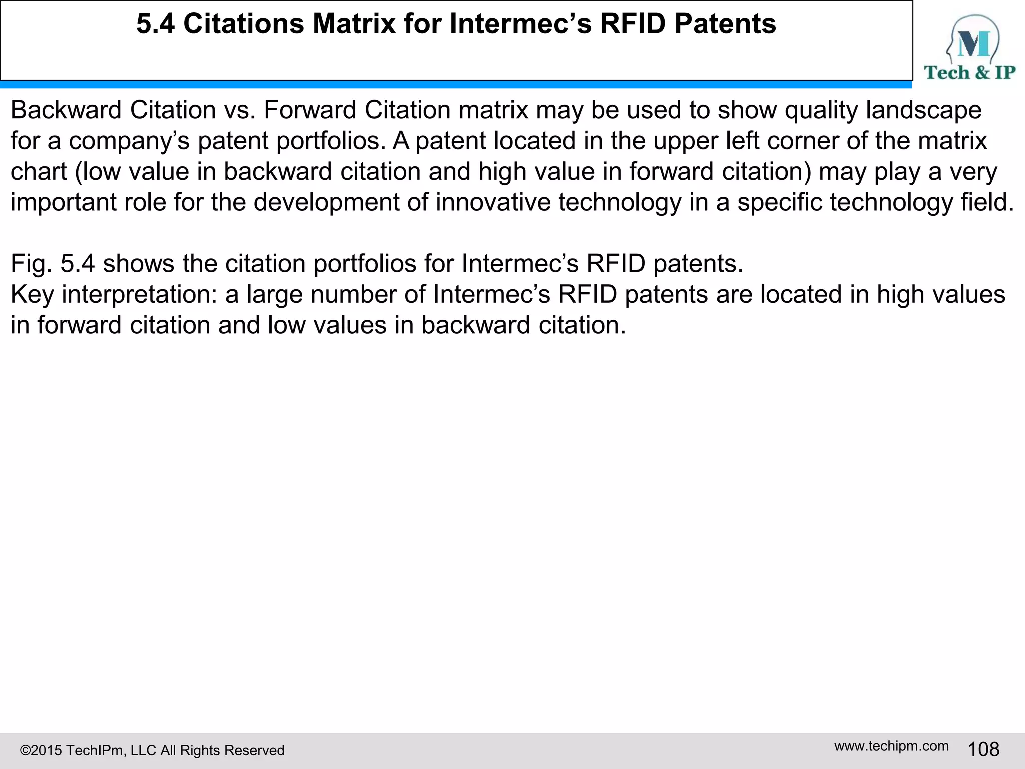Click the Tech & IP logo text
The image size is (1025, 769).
(969, 73)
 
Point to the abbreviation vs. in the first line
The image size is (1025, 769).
(240, 110)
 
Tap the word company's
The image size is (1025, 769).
(129, 141)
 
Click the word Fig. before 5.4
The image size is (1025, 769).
(31, 264)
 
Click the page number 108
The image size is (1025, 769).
(983, 749)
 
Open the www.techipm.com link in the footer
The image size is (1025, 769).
(891, 746)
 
